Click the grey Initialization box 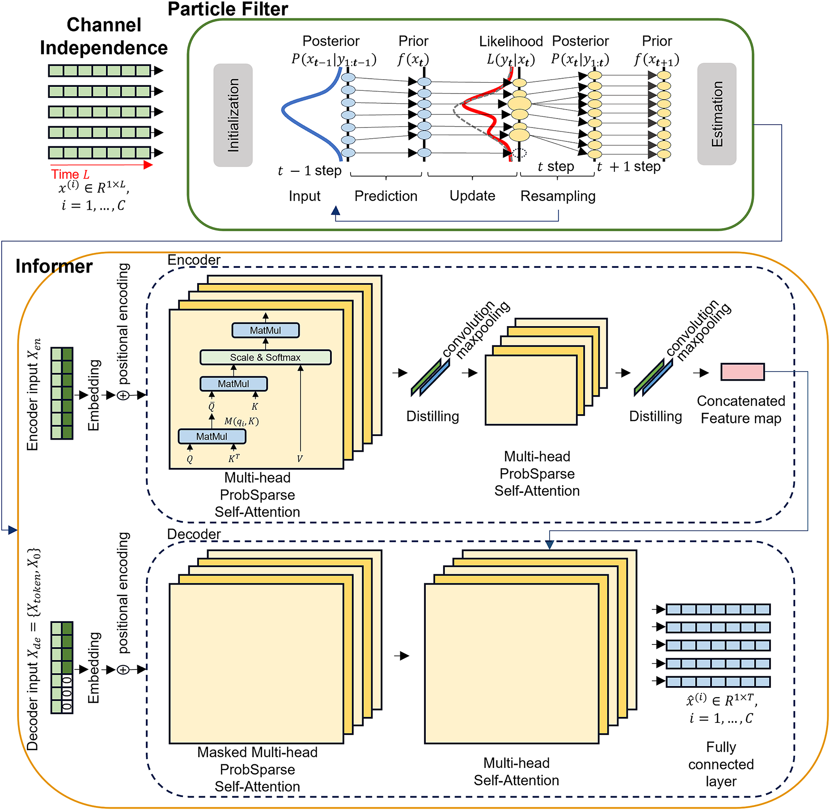point(233,115)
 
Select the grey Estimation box point(716,114)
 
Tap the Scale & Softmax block point(265,357)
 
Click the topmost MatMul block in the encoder point(265,331)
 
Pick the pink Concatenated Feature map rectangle point(742,372)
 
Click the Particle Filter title point(228,9)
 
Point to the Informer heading point(54,267)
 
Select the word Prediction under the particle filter point(385,196)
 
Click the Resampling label point(558,196)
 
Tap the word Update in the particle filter point(472,196)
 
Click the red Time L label point(70,174)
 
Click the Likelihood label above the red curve point(511,42)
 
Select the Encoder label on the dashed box point(194,260)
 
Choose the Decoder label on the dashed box point(194,534)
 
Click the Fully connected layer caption point(721,764)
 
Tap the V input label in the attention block point(300,459)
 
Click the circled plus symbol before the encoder point(123,395)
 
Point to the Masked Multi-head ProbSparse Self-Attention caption point(257,769)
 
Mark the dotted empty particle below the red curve point(519,153)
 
